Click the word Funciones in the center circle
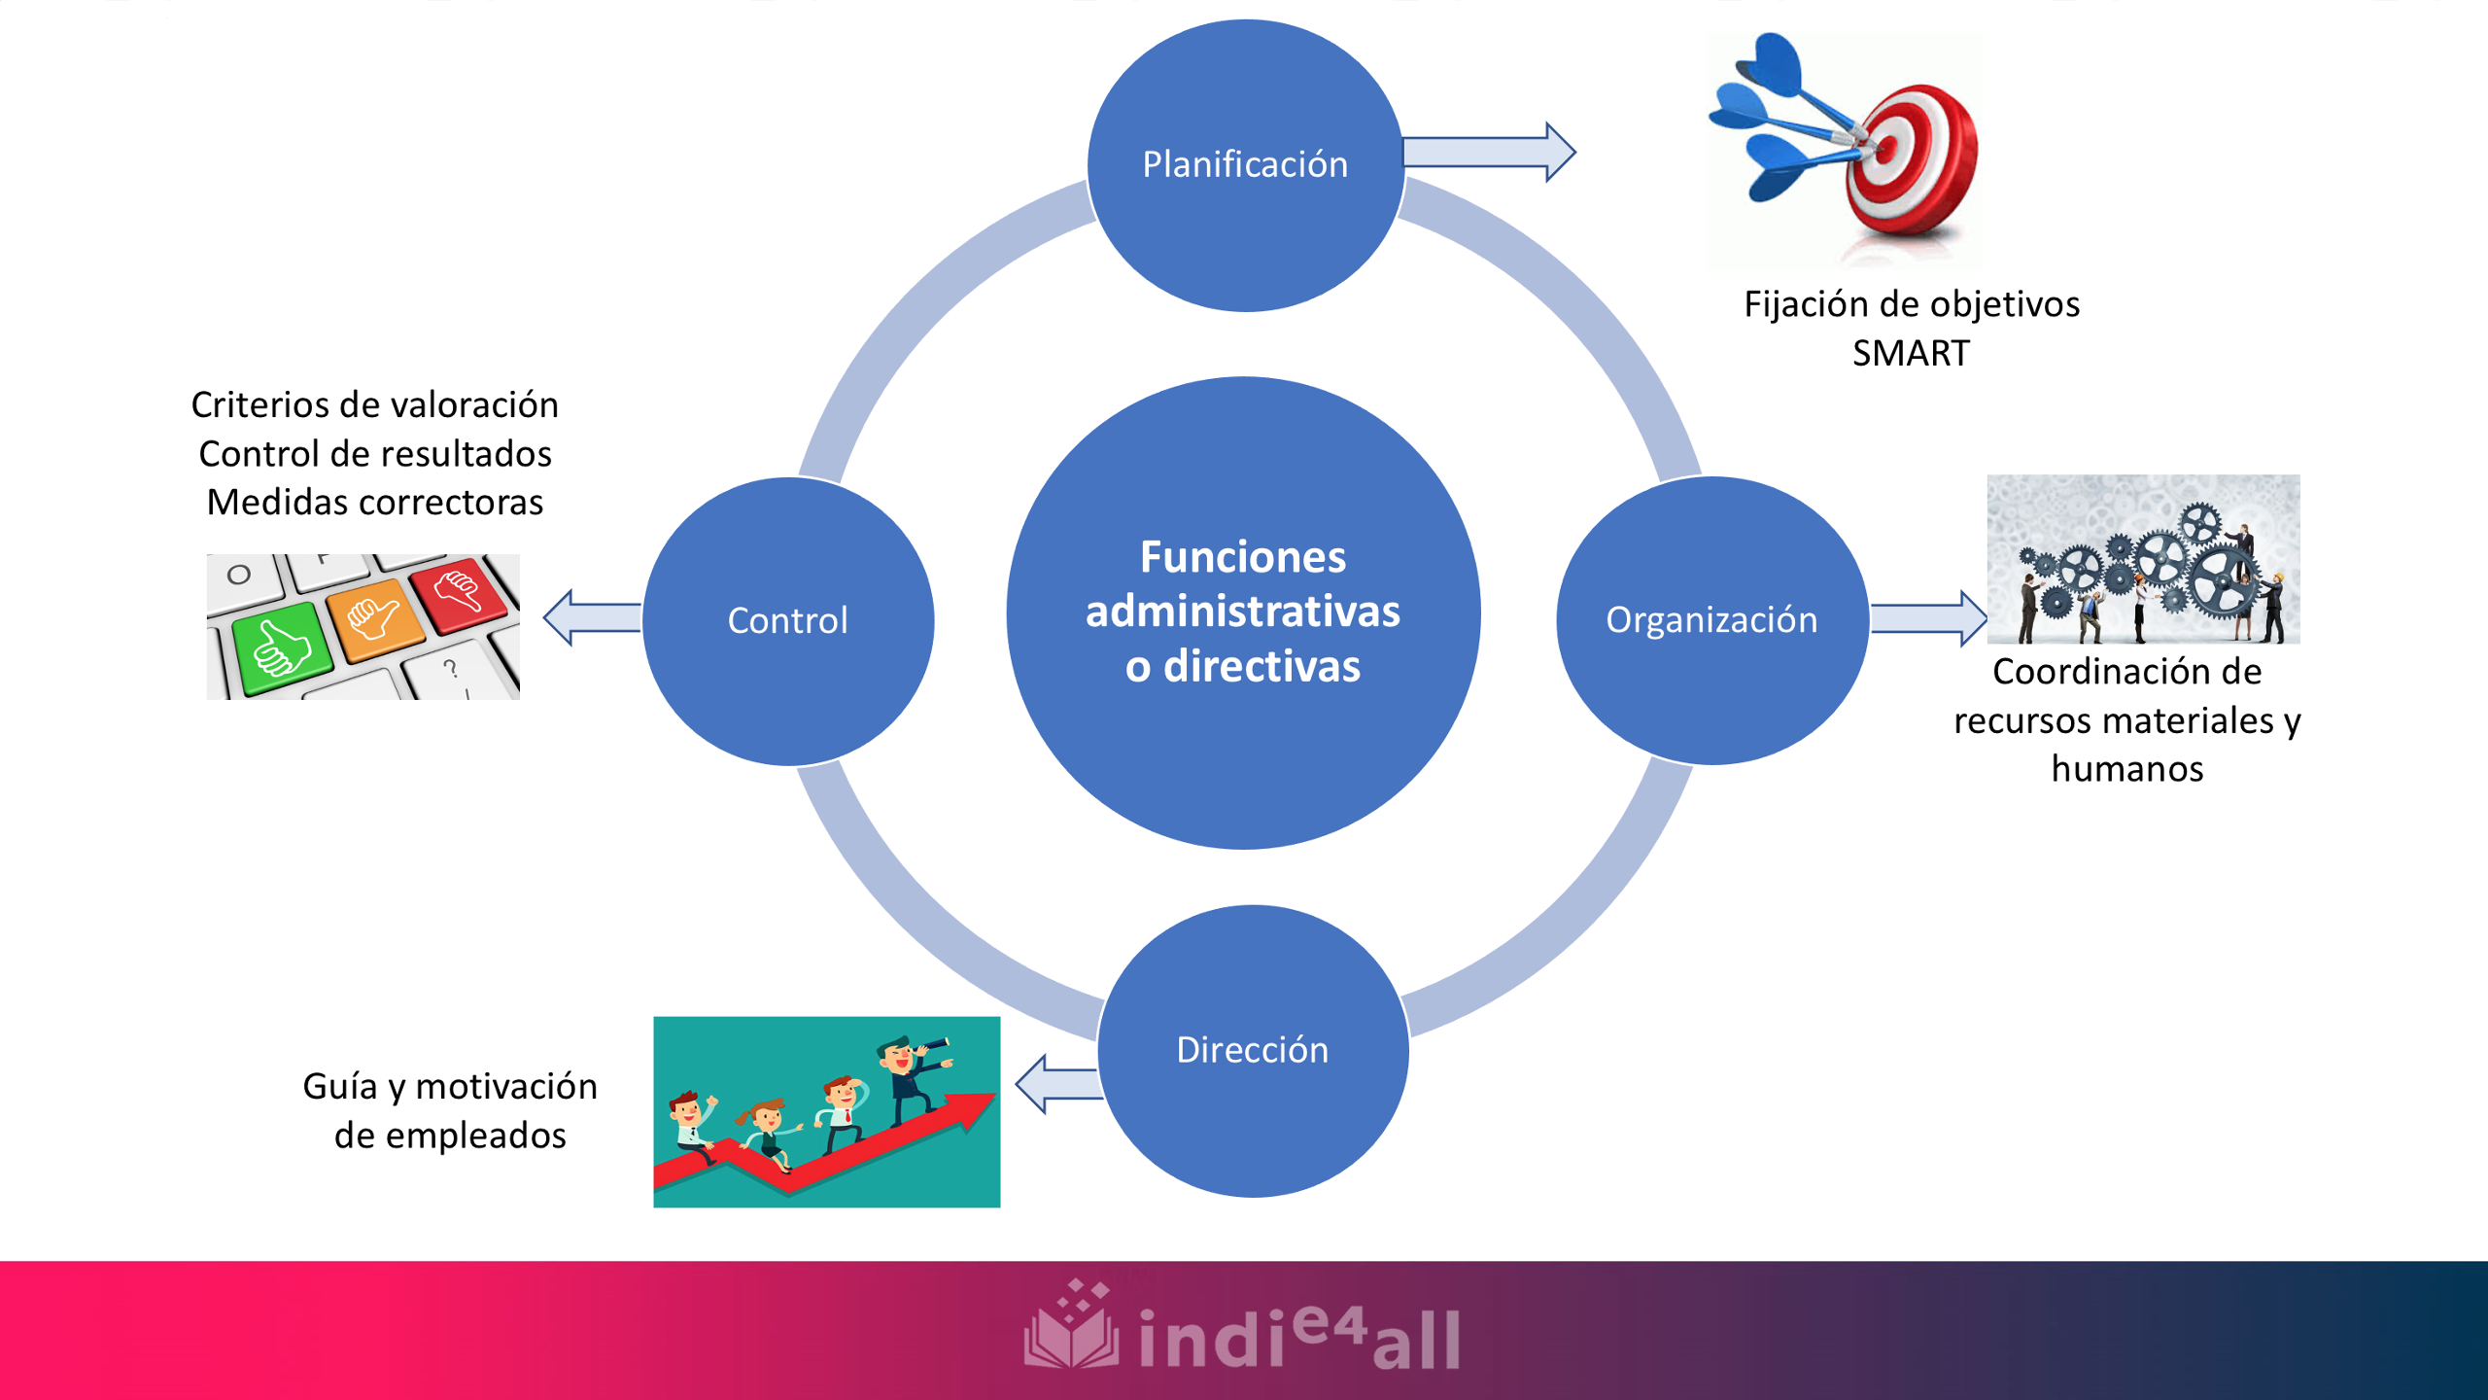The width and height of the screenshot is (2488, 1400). [x=1243, y=557]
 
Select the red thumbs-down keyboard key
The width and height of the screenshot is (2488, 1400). [x=458, y=592]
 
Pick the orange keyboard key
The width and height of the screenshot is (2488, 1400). [x=375, y=618]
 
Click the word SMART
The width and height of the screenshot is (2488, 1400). [x=1910, y=353]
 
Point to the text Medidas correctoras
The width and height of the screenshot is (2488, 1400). [x=375, y=503]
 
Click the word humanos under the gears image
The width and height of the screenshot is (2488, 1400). [x=2126, y=769]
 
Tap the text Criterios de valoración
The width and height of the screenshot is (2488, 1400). [x=375, y=405]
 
